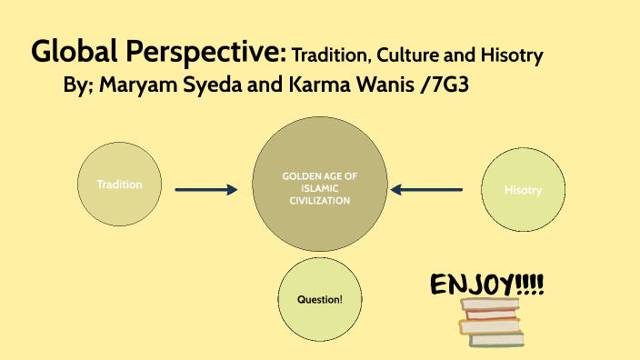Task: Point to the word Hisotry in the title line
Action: (511, 55)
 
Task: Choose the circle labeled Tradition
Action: (120, 185)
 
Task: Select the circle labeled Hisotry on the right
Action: (523, 190)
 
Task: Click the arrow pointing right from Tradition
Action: (205, 189)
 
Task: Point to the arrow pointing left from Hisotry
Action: (426, 189)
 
